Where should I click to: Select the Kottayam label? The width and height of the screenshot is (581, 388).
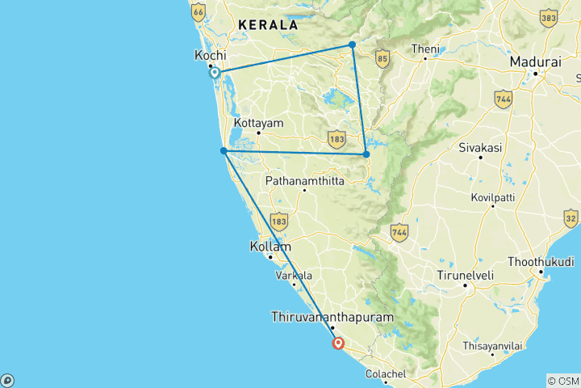pyautogui.click(x=257, y=123)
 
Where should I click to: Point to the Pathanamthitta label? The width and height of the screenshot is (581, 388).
pyautogui.click(x=304, y=181)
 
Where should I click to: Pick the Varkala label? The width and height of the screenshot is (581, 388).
pyautogui.click(x=294, y=276)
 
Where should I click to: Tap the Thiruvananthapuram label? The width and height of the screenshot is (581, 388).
pyautogui.click(x=332, y=318)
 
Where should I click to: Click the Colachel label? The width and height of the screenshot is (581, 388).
pyautogui.click(x=386, y=373)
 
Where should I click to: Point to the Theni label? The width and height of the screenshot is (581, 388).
pyautogui.click(x=425, y=49)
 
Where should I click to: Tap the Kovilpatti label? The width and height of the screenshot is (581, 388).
pyautogui.click(x=493, y=196)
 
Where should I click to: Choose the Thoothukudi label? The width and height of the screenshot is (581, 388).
pyautogui.click(x=541, y=263)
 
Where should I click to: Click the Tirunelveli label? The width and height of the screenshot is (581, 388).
pyautogui.click(x=465, y=275)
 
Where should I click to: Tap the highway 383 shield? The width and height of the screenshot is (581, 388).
pyautogui.click(x=550, y=18)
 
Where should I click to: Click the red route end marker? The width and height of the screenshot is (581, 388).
pyautogui.click(x=339, y=343)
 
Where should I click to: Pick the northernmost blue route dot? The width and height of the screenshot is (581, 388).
pyautogui.click(x=353, y=44)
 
